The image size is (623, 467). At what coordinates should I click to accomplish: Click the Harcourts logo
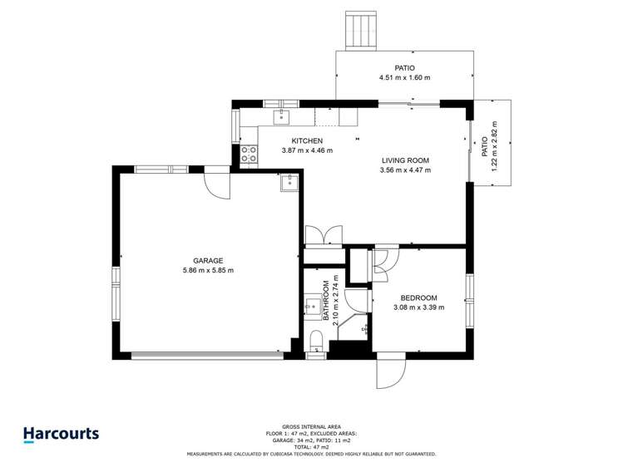[x=61, y=434]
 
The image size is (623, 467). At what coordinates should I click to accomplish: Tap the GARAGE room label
[x=208, y=260]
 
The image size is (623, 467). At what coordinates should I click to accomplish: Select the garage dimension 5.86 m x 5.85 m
[x=208, y=270]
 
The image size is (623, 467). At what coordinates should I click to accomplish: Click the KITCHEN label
[x=307, y=140]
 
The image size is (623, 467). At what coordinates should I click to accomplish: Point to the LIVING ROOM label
[x=405, y=160]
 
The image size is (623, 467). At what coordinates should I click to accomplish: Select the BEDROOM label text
[x=418, y=297]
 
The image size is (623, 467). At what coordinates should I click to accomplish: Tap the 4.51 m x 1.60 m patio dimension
[x=404, y=78]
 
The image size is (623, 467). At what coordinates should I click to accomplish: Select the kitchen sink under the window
[x=282, y=115]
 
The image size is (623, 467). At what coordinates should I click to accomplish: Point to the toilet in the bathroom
[x=316, y=342]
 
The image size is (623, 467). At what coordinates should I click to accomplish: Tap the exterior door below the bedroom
[x=391, y=371]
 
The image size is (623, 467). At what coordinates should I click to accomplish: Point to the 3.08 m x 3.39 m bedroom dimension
[x=418, y=307]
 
